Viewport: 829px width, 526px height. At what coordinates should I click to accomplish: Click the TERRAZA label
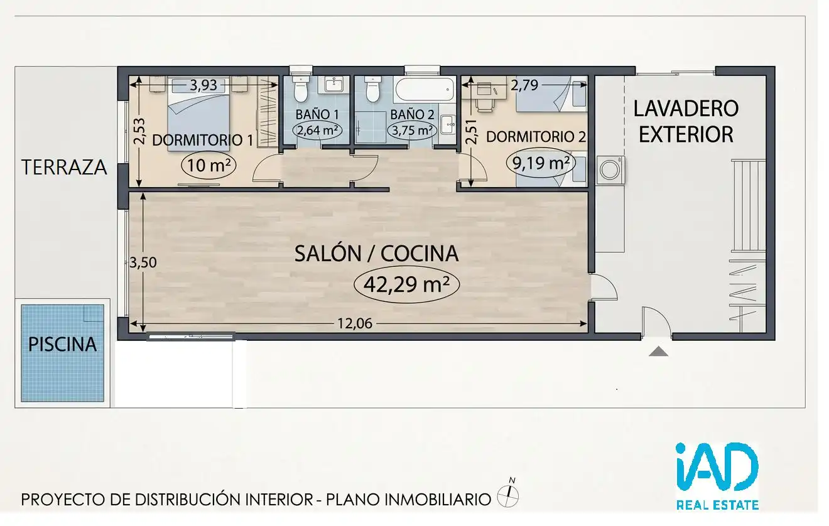(64, 167)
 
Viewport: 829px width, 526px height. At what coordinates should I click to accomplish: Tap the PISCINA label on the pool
(63, 345)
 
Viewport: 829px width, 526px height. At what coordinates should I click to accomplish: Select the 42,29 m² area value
(406, 284)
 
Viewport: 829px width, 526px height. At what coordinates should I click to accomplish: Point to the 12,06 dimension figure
(355, 324)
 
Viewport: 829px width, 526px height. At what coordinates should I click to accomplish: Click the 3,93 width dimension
(203, 85)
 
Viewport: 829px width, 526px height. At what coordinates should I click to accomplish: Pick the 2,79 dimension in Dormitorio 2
(524, 85)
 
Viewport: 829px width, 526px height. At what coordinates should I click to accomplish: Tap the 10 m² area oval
(209, 165)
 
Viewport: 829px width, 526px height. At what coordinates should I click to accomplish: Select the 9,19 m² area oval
(540, 163)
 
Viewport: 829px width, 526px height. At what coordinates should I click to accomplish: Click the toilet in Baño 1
(300, 89)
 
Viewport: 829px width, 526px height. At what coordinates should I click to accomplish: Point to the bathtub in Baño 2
(424, 89)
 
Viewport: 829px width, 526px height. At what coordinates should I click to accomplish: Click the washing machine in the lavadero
(610, 170)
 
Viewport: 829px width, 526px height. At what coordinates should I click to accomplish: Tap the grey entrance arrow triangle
(658, 351)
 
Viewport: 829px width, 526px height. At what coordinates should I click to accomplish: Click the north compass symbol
(508, 495)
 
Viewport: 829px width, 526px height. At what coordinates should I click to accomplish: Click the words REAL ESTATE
(718, 505)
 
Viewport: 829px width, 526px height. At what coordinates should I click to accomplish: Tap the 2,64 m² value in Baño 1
(317, 130)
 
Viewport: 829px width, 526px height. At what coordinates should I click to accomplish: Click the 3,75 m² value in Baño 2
(412, 130)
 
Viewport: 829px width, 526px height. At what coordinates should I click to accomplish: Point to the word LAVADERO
(686, 109)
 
